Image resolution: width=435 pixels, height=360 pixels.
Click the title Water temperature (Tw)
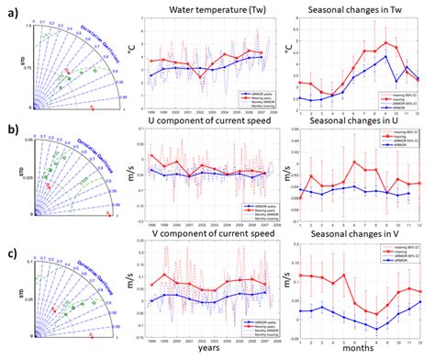click(211, 9)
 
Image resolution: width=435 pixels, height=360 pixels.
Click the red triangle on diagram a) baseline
click(92, 109)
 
